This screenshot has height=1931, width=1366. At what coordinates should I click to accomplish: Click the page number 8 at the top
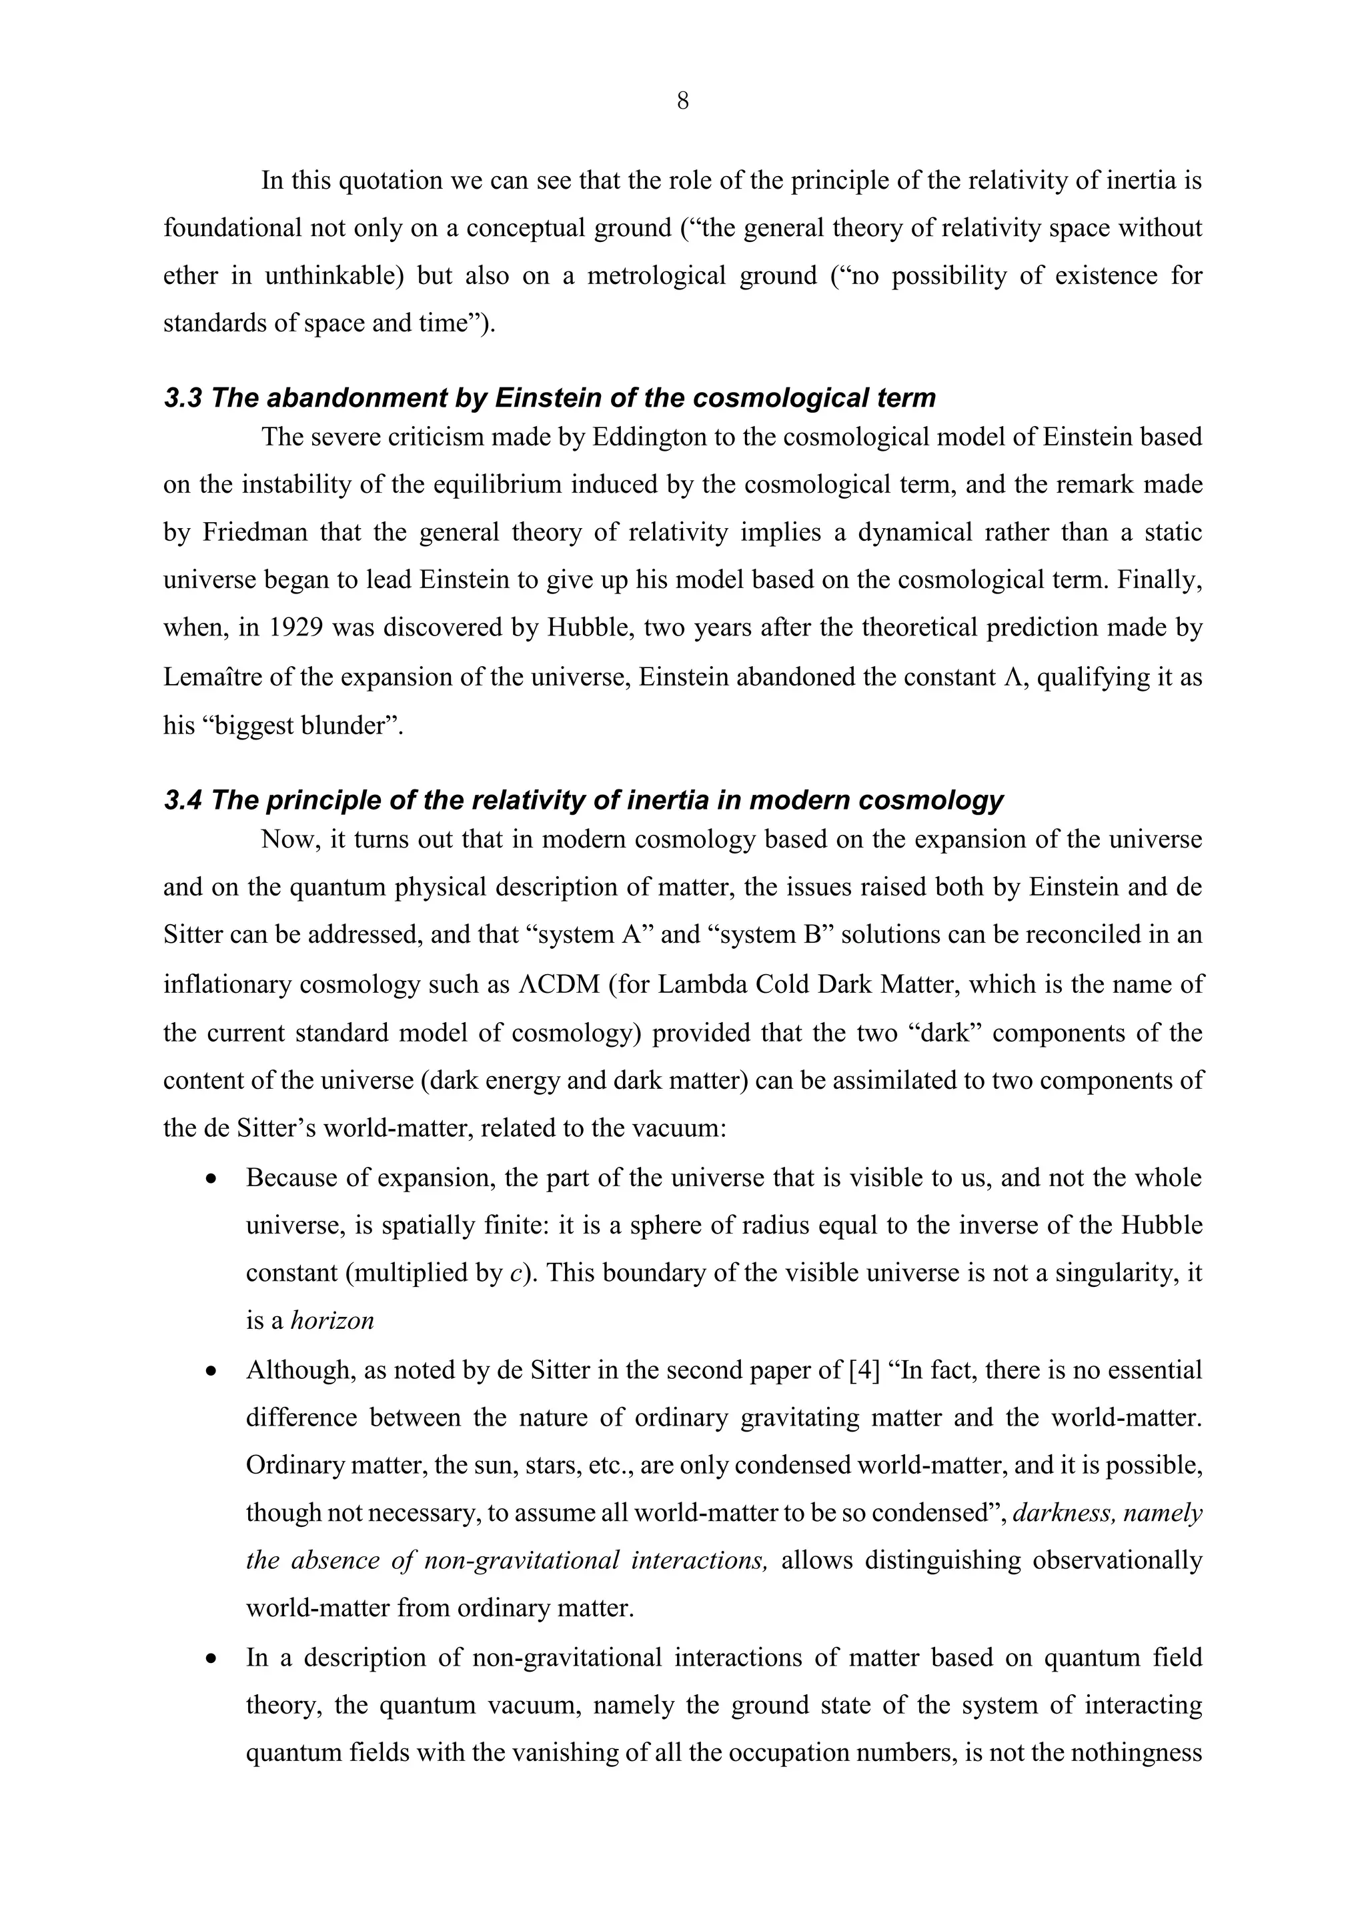(x=682, y=102)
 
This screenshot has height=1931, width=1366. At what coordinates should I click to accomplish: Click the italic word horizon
(x=332, y=1320)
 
